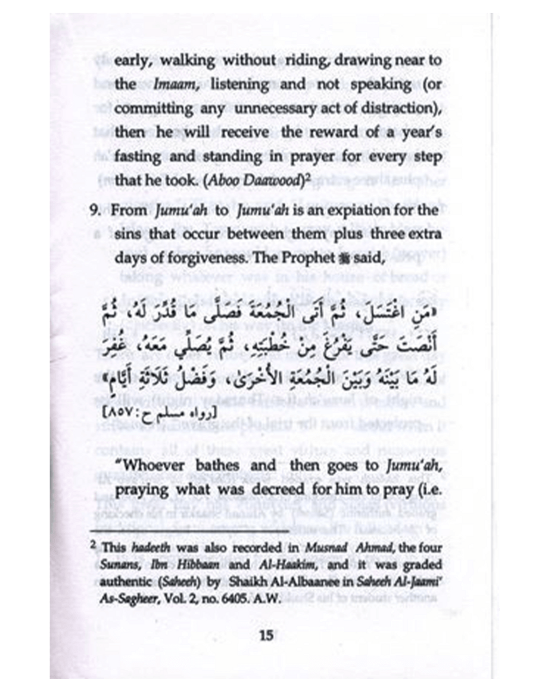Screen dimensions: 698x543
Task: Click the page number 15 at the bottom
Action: click(x=266, y=636)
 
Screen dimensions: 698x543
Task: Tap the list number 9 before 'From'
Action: click(x=94, y=210)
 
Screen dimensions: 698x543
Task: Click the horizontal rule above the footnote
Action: click(x=188, y=531)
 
